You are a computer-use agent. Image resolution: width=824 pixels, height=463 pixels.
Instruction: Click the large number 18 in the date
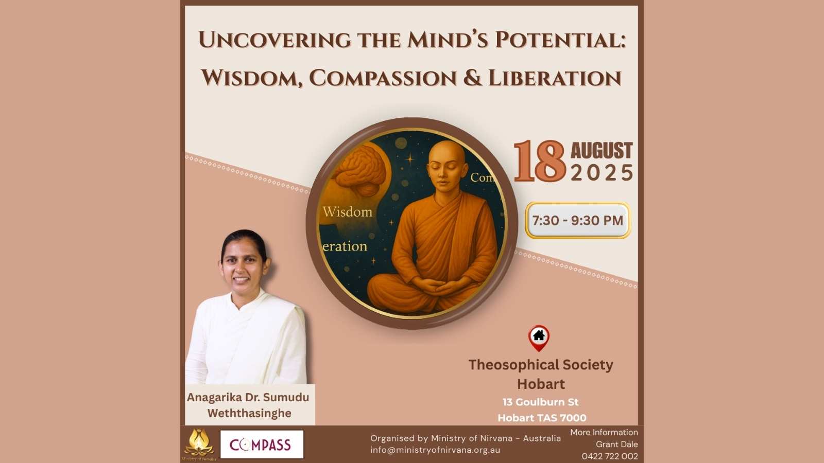coord(539,162)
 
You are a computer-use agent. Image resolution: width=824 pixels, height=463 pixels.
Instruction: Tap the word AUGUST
coord(602,151)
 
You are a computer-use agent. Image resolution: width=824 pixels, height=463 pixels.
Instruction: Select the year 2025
coord(602,173)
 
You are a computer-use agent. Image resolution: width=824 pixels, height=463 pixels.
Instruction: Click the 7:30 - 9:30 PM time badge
coord(578,220)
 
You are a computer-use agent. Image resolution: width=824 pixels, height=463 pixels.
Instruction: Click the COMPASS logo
coord(262,444)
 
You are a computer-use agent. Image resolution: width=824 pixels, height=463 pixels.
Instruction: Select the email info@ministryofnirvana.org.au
coord(435,450)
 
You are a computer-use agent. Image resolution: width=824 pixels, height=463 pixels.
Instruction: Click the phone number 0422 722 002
coord(610,456)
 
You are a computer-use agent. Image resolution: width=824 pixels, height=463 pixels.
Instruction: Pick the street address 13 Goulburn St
coord(540,402)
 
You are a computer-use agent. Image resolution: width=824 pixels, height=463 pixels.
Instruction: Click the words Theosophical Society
coord(541,365)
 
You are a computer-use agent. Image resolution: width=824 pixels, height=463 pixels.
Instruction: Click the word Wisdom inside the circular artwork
coord(347,211)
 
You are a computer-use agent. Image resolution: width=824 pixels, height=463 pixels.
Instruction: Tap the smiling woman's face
coord(243,264)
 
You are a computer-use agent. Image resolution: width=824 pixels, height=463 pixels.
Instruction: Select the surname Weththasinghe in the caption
coord(249,414)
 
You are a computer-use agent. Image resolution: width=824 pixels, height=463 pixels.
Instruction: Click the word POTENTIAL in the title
coord(560,40)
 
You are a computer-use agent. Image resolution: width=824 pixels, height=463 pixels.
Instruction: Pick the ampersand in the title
coord(473,77)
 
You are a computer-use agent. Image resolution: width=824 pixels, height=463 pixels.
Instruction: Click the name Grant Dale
coord(616,444)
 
